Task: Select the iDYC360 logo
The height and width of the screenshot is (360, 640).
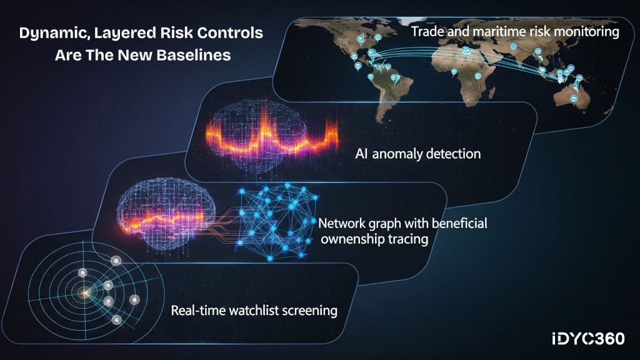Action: pos(588,339)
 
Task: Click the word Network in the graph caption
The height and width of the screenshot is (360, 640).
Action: pos(342,224)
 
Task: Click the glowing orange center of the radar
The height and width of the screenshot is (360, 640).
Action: pos(84,292)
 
